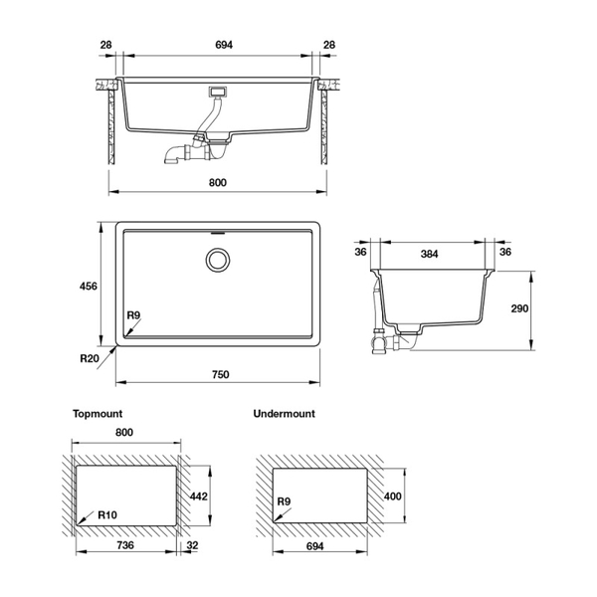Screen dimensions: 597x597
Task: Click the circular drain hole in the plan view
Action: (217, 261)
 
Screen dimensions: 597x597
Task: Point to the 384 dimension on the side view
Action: (429, 254)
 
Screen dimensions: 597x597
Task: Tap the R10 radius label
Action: (109, 516)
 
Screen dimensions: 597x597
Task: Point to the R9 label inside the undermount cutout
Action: (285, 502)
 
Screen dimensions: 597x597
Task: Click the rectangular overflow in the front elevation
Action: (218, 93)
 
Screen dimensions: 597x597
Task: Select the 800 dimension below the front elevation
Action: (219, 182)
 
